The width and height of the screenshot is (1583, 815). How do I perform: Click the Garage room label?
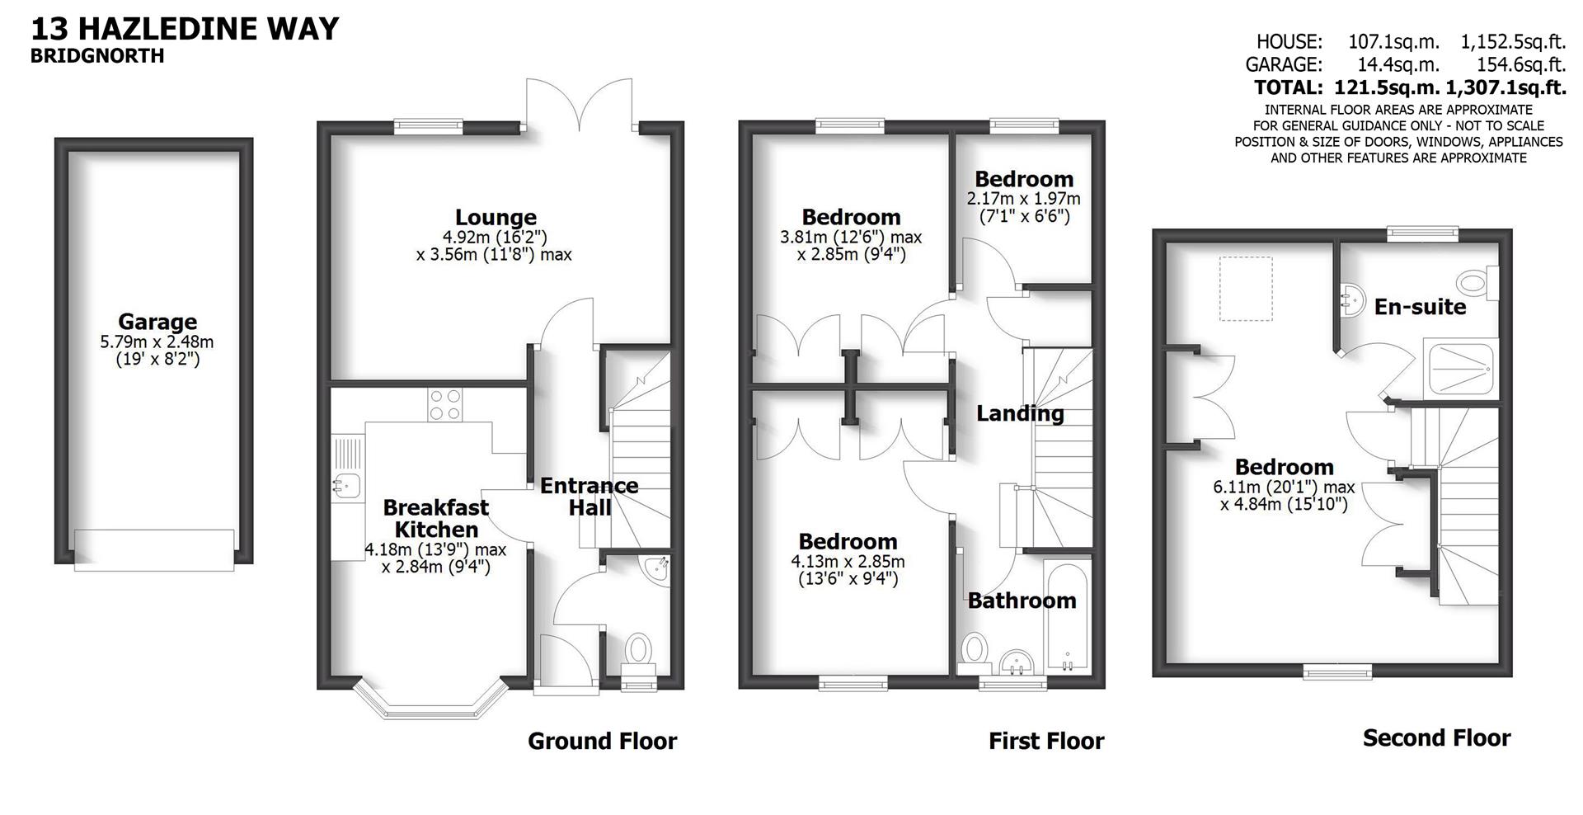point(157,322)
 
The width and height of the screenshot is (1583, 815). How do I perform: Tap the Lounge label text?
point(496,218)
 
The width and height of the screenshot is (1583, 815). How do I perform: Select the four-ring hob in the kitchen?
point(445,405)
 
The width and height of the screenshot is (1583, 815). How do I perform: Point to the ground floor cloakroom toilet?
point(637,649)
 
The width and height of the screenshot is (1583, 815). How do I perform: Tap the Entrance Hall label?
point(589,496)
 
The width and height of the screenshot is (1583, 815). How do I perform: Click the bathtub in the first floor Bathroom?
point(1068,615)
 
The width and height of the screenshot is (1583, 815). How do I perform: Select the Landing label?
point(1020,413)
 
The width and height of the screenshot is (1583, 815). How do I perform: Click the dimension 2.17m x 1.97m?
point(1023,199)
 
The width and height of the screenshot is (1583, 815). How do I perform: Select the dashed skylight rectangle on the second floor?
point(1246,288)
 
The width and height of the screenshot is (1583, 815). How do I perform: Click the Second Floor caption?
point(1436,737)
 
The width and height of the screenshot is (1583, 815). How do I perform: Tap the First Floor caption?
point(1045,741)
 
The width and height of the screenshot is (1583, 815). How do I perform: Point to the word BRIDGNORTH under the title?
point(97,56)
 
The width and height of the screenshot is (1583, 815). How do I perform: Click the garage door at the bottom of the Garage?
point(154,549)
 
